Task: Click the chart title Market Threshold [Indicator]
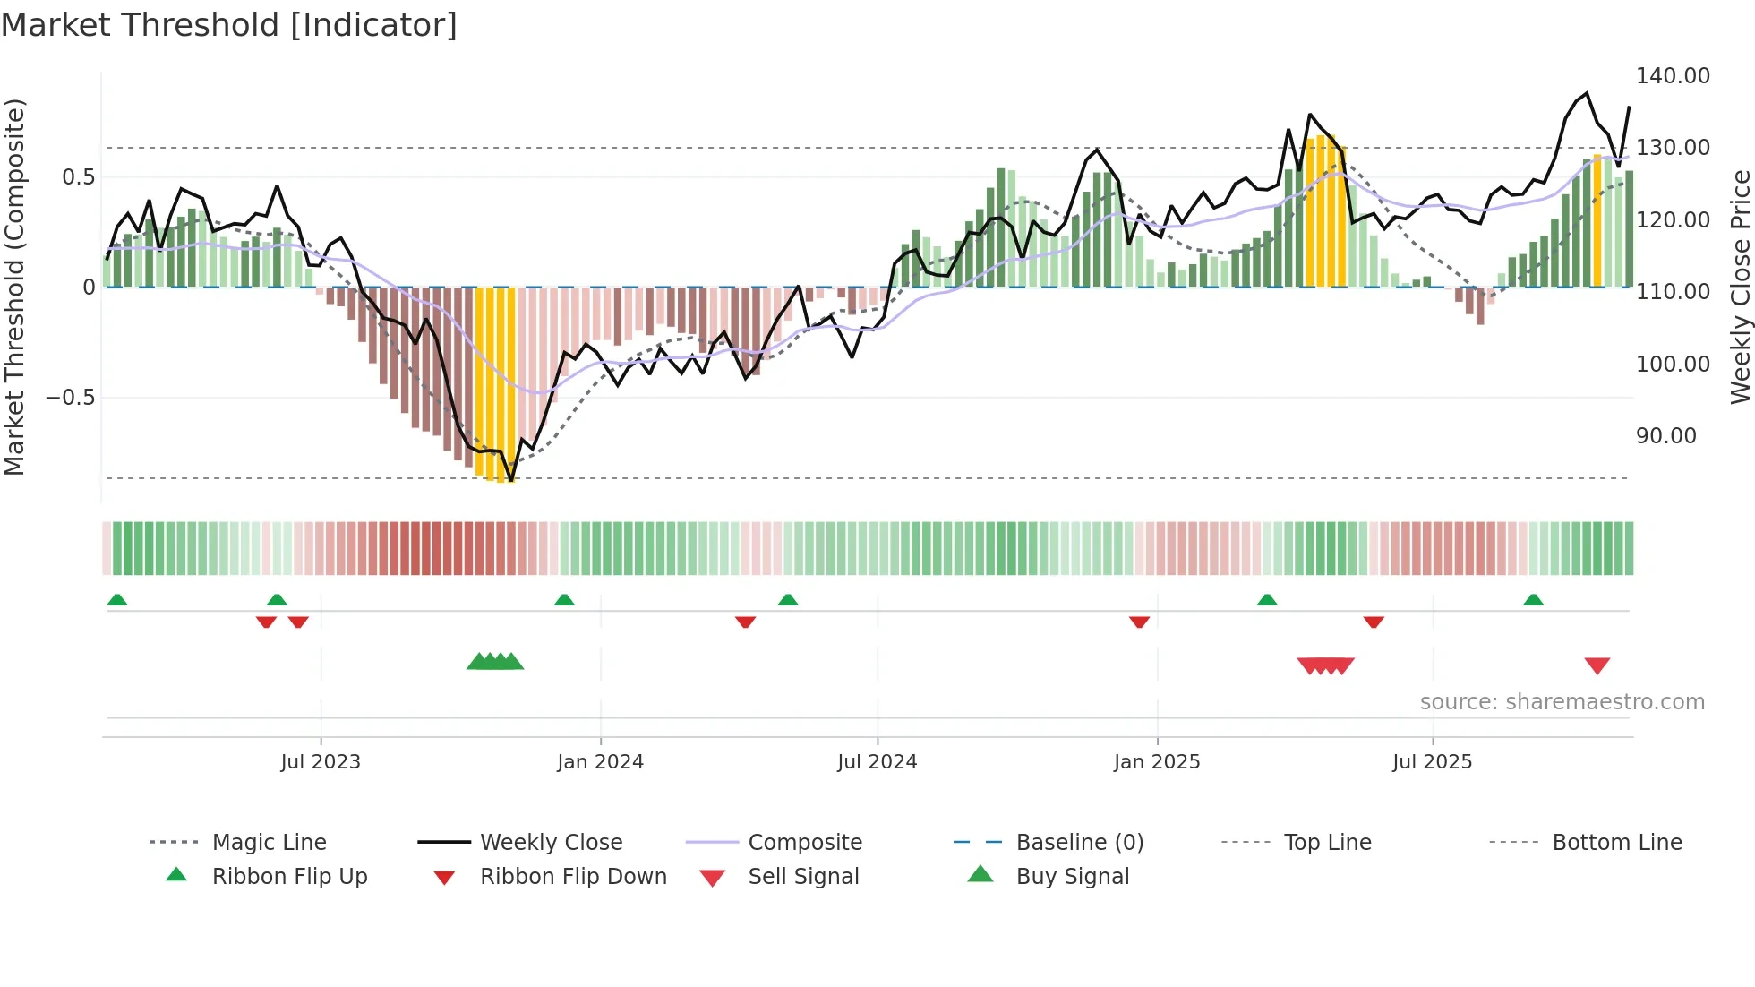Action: (x=229, y=25)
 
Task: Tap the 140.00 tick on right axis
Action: (x=1673, y=76)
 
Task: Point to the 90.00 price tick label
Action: (x=1665, y=436)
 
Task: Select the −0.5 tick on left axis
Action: (x=70, y=397)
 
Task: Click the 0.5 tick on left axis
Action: (x=78, y=177)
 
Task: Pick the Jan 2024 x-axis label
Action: (x=600, y=762)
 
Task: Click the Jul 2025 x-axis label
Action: (x=1432, y=762)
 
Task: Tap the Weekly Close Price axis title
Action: (x=1740, y=287)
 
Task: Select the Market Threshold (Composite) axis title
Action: (x=14, y=287)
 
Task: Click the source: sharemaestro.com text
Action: (x=1562, y=702)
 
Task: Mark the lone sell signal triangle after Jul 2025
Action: (x=1597, y=665)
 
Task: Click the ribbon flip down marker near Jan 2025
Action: (x=1139, y=622)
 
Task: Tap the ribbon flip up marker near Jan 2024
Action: (x=564, y=600)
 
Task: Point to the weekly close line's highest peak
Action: (x=1587, y=93)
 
